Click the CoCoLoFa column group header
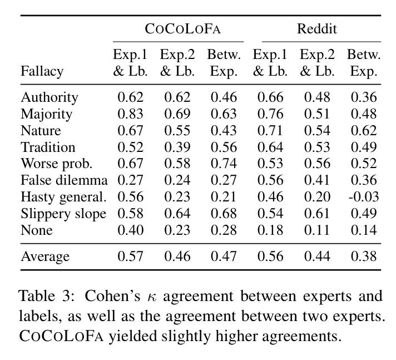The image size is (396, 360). (x=178, y=29)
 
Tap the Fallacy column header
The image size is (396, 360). (x=42, y=71)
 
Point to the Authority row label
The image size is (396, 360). (x=49, y=97)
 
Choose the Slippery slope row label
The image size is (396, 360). (x=63, y=214)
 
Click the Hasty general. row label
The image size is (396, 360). (x=63, y=197)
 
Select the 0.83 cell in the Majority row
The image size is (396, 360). (x=131, y=114)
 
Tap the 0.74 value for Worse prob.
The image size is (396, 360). (x=224, y=164)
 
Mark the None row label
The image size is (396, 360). (x=37, y=230)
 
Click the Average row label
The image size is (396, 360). (x=45, y=256)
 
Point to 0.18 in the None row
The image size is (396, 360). (x=270, y=230)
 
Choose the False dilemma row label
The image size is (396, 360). (x=64, y=180)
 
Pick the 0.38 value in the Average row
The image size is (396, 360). (x=363, y=256)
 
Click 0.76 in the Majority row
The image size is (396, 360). (x=270, y=114)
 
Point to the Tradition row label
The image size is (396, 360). (x=48, y=147)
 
